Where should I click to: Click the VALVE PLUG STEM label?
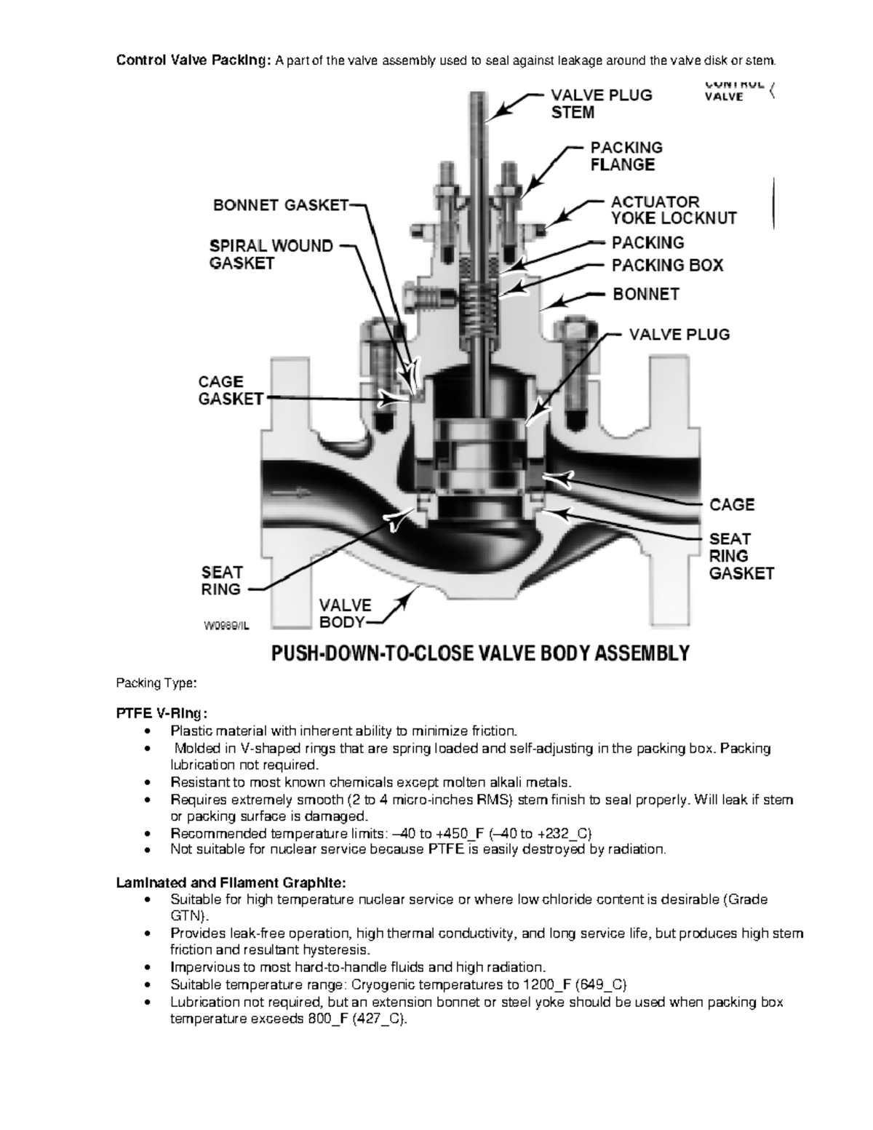[x=600, y=103]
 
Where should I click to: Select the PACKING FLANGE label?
[x=626, y=156]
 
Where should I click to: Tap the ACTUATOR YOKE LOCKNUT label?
[x=673, y=210]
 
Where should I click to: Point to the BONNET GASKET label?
[x=281, y=205]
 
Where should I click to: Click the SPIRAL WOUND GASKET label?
[x=271, y=254]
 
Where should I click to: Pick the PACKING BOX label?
[x=667, y=266]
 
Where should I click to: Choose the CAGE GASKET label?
[x=231, y=390]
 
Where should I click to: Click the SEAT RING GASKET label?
[x=741, y=556]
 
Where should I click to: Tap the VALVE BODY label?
[x=345, y=613]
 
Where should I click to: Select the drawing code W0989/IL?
[x=226, y=624]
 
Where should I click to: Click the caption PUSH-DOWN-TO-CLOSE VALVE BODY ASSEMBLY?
[x=479, y=653]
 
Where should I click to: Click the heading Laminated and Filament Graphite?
[x=231, y=883]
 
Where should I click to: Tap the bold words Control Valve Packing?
[x=194, y=60]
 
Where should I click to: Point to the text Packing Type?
[x=156, y=683]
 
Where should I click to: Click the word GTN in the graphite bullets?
[x=185, y=916]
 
